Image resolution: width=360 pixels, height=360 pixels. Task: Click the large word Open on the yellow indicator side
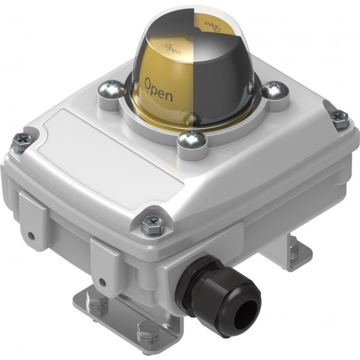[158, 89]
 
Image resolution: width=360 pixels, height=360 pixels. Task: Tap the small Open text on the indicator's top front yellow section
[173, 49]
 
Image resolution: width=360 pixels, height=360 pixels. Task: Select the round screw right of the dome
[275, 90]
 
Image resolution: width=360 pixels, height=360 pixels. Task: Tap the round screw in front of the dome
[192, 139]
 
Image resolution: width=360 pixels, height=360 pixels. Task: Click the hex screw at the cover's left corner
[22, 141]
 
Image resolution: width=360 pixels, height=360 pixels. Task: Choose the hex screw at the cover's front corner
[152, 225]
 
